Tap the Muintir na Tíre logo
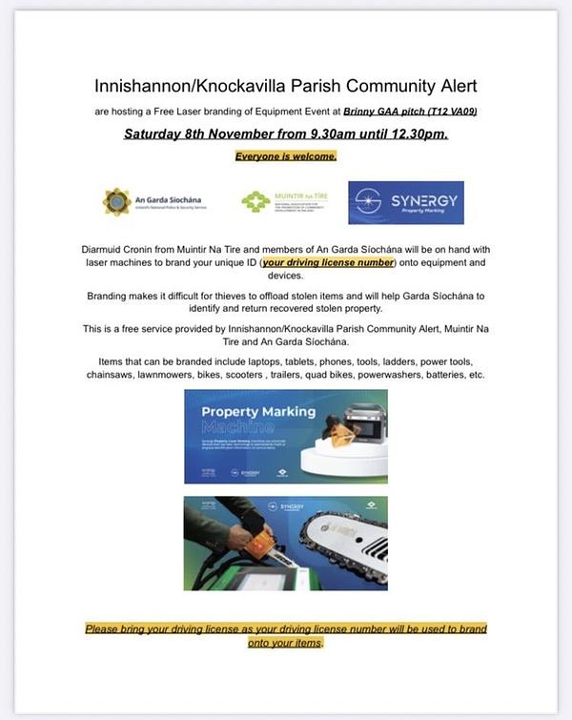[255, 201]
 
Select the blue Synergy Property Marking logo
[405, 202]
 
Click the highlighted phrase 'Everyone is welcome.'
[286, 155]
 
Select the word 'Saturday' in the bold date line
[159, 134]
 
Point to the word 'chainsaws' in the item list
[123, 376]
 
